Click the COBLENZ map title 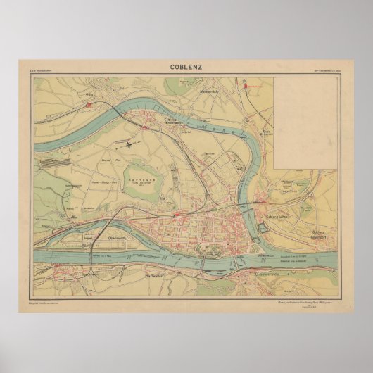[186, 68]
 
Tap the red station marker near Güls [89, 103]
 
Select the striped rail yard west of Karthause [58, 163]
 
